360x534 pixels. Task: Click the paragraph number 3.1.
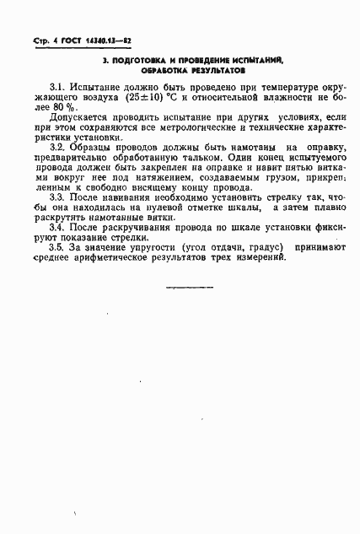[x=58, y=87]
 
